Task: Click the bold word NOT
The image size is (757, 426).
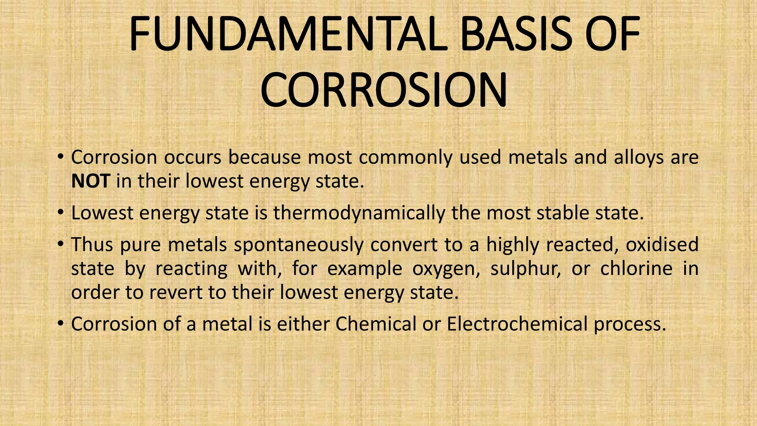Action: pos(90,181)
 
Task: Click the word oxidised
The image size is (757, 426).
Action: pos(662,245)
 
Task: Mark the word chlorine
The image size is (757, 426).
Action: pos(636,269)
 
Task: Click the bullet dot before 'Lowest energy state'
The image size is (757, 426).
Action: pos(60,213)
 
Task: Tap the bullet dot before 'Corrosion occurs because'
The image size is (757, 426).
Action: pos(60,158)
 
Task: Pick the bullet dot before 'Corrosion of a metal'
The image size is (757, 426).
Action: pos(60,324)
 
